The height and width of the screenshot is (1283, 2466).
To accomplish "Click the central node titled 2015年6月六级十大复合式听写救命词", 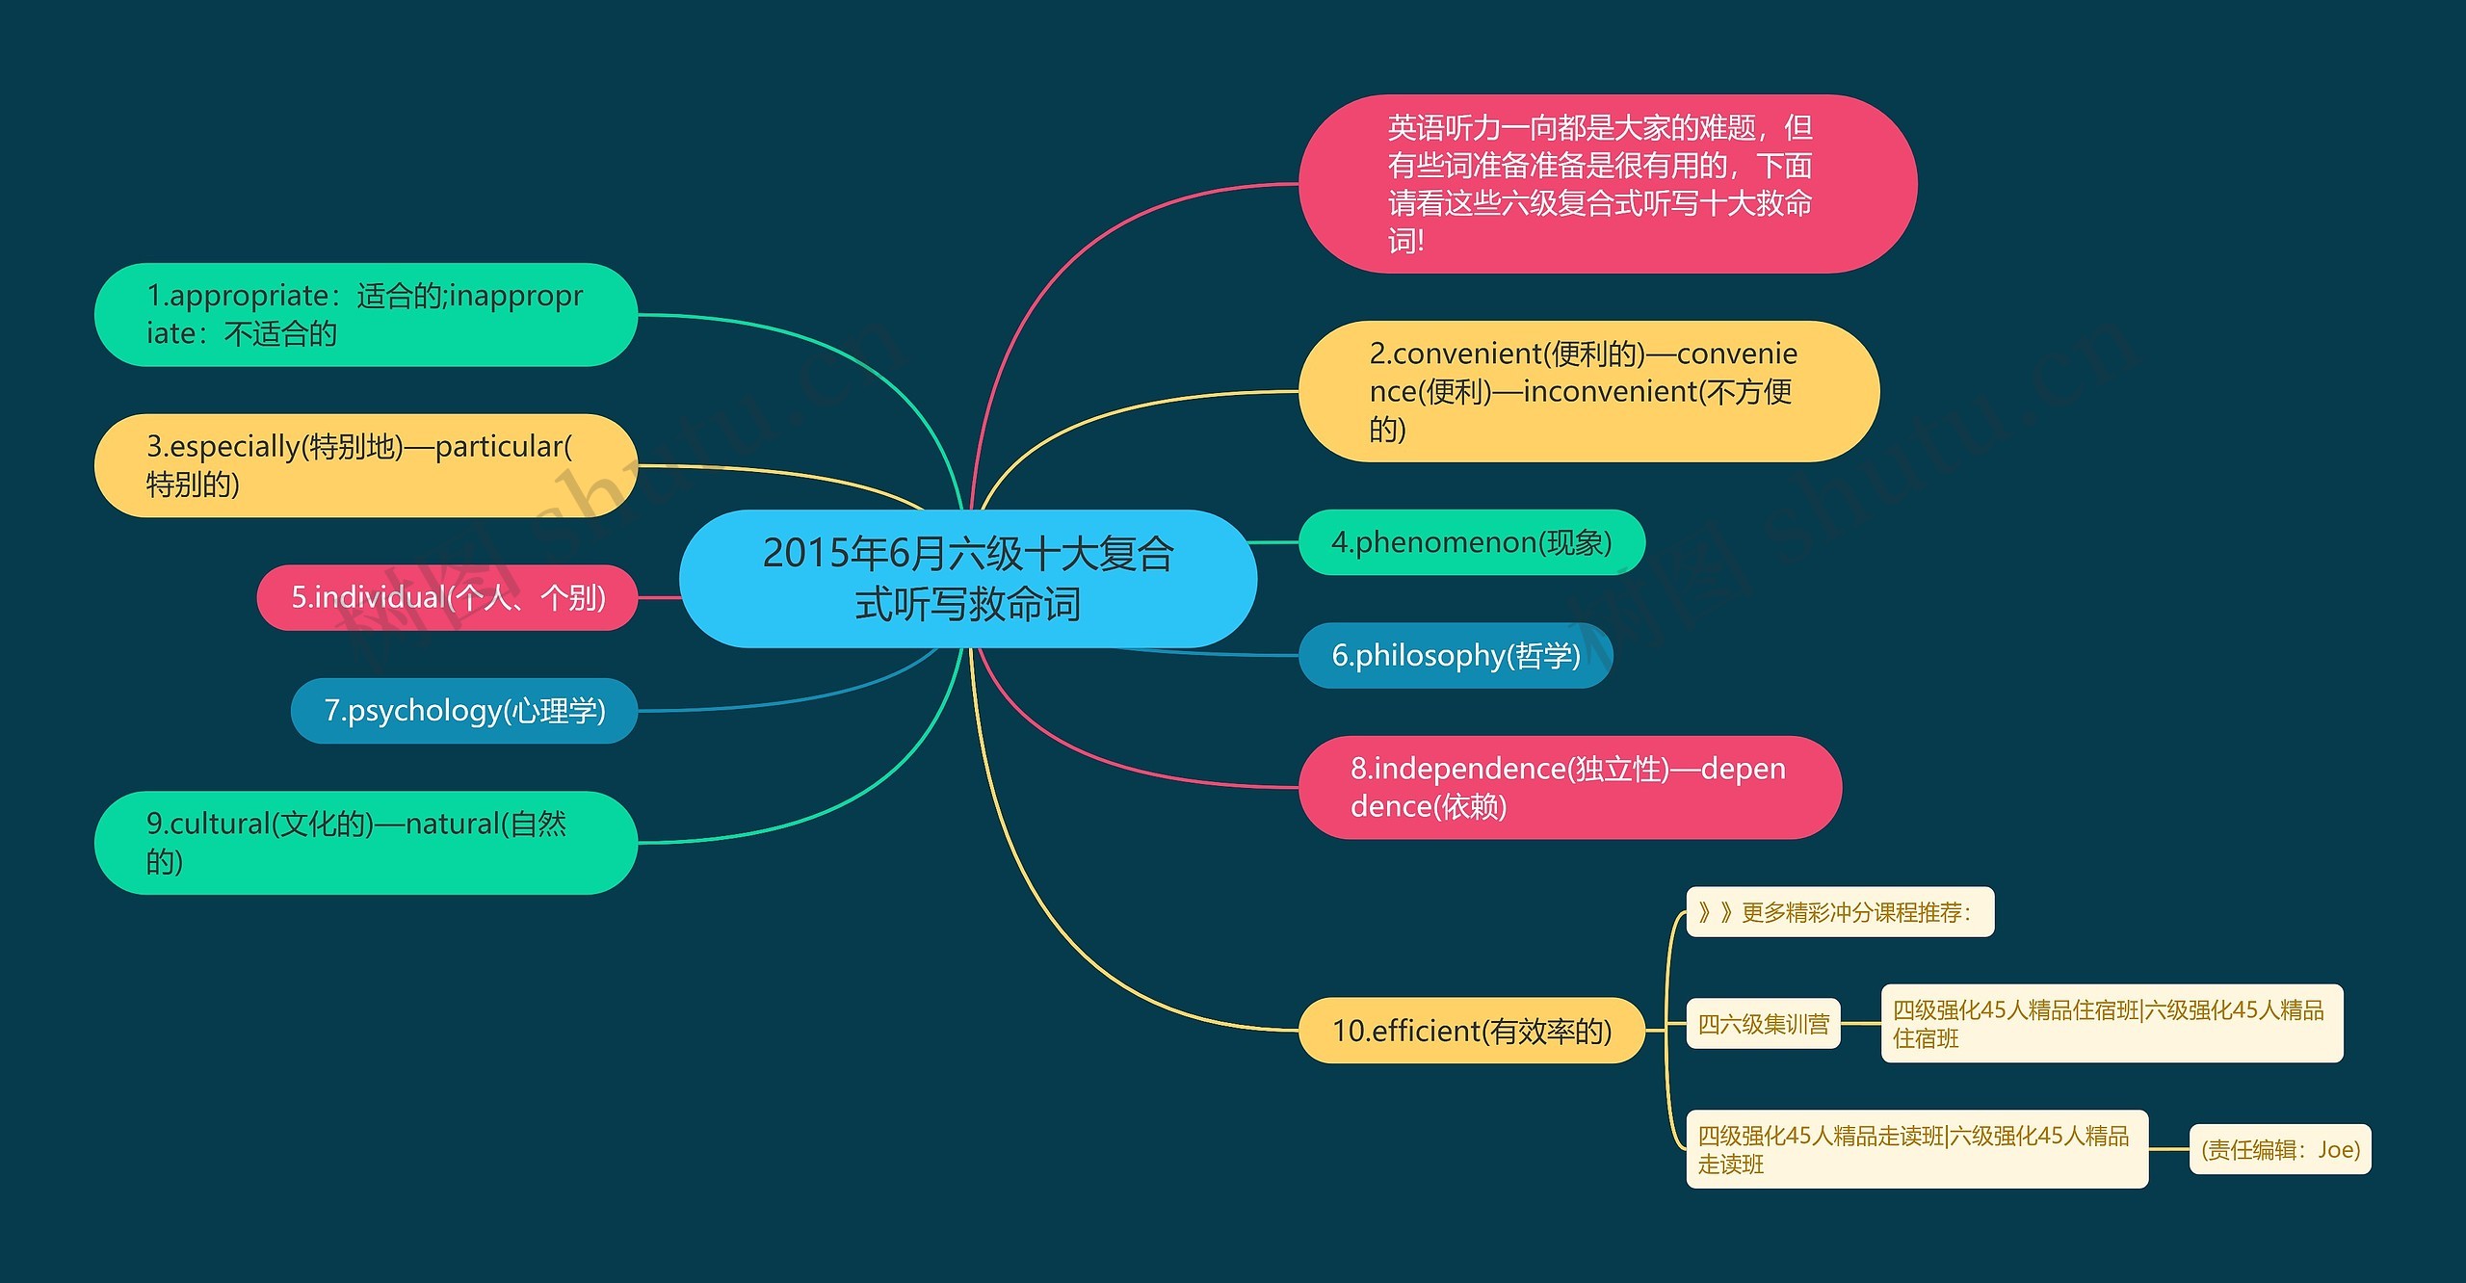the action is click(967, 578).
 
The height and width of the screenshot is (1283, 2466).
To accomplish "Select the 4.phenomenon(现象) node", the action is click(1471, 542).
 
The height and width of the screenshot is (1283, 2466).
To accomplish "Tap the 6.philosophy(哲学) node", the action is click(1456, 655).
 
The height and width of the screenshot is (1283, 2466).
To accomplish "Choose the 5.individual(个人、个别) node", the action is click(448, 597).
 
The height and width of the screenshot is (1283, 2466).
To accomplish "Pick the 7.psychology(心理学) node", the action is click(464, 711).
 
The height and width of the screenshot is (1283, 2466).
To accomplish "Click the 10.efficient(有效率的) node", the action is click(1471, 1031).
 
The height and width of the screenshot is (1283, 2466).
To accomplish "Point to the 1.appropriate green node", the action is click(365, 315).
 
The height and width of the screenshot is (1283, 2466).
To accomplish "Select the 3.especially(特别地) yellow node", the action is click(365, 465).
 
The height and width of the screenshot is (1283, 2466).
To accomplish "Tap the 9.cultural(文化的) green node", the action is click(365, 843).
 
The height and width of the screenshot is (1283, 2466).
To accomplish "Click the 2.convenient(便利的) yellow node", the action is click(1588, 391).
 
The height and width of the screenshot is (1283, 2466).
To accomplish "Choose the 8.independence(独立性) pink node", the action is click(1569, 787).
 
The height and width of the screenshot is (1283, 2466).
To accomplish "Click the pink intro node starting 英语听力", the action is click(1607, 183).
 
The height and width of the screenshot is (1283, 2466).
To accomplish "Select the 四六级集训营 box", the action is click(1763, 1024).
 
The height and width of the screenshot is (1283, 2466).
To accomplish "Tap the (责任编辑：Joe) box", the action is click(2280, 1149).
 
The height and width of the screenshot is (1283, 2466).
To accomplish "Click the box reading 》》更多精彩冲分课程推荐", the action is click(1840, 911).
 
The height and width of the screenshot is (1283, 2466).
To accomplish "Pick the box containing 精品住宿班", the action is click(2111, 1023).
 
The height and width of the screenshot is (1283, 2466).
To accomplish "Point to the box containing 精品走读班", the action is click(1916, 1149).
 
